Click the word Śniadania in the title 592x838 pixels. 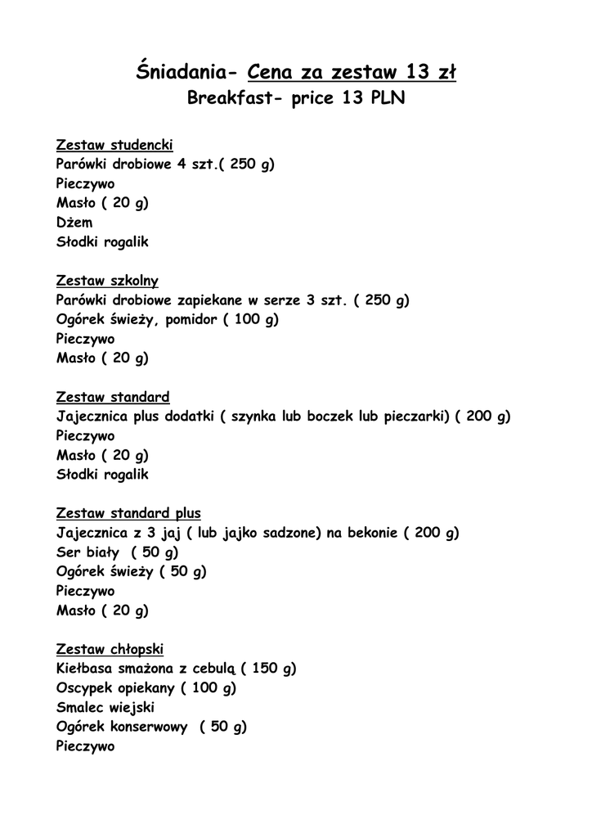177,73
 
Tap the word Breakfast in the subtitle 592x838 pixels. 228,100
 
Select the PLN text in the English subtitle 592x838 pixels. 384,100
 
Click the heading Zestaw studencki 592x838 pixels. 114,145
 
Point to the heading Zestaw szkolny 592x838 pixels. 107,281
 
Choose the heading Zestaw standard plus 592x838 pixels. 128,513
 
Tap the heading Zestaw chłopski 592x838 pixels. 110,649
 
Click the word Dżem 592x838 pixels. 74,223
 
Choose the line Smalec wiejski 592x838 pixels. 105,707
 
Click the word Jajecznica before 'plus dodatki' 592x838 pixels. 96,417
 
